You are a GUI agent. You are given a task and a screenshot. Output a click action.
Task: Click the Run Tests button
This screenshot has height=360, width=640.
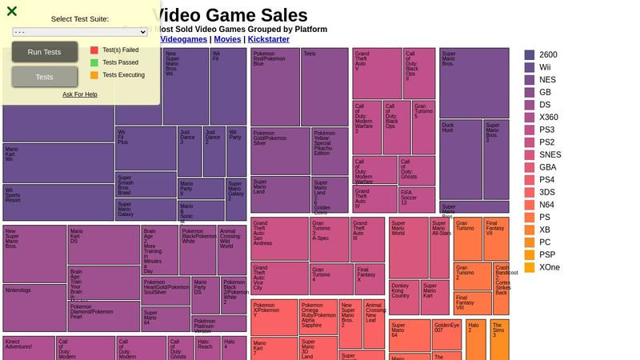click(x=45, y=52)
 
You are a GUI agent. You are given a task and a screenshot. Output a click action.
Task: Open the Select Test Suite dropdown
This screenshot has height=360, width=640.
click(x=80, y=32)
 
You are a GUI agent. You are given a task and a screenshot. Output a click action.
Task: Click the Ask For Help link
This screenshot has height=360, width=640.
click(x=80, y=94)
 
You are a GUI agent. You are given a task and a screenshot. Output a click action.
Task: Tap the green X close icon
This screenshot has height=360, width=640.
click(x=12, y=11)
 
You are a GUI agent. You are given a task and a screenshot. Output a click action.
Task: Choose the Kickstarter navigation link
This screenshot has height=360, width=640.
click(x=269, y=38)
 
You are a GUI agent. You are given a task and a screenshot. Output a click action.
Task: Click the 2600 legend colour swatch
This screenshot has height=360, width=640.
click(x=530, y=55)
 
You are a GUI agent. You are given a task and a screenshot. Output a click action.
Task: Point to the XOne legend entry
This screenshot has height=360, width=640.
click(x=549, y=267)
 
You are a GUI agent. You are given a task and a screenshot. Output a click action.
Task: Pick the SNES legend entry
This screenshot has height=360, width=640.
click(x=549, y=155)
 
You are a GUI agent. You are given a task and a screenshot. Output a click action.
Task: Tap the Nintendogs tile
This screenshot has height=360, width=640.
click(x=34, y=307)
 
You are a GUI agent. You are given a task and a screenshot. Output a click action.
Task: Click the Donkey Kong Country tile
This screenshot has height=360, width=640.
click(x=404, y=297)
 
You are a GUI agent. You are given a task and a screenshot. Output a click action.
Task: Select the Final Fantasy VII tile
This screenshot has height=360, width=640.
click(x=496, y=238)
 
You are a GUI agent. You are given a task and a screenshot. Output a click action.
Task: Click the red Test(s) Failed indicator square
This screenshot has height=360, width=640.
click(x=94, y=50)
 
